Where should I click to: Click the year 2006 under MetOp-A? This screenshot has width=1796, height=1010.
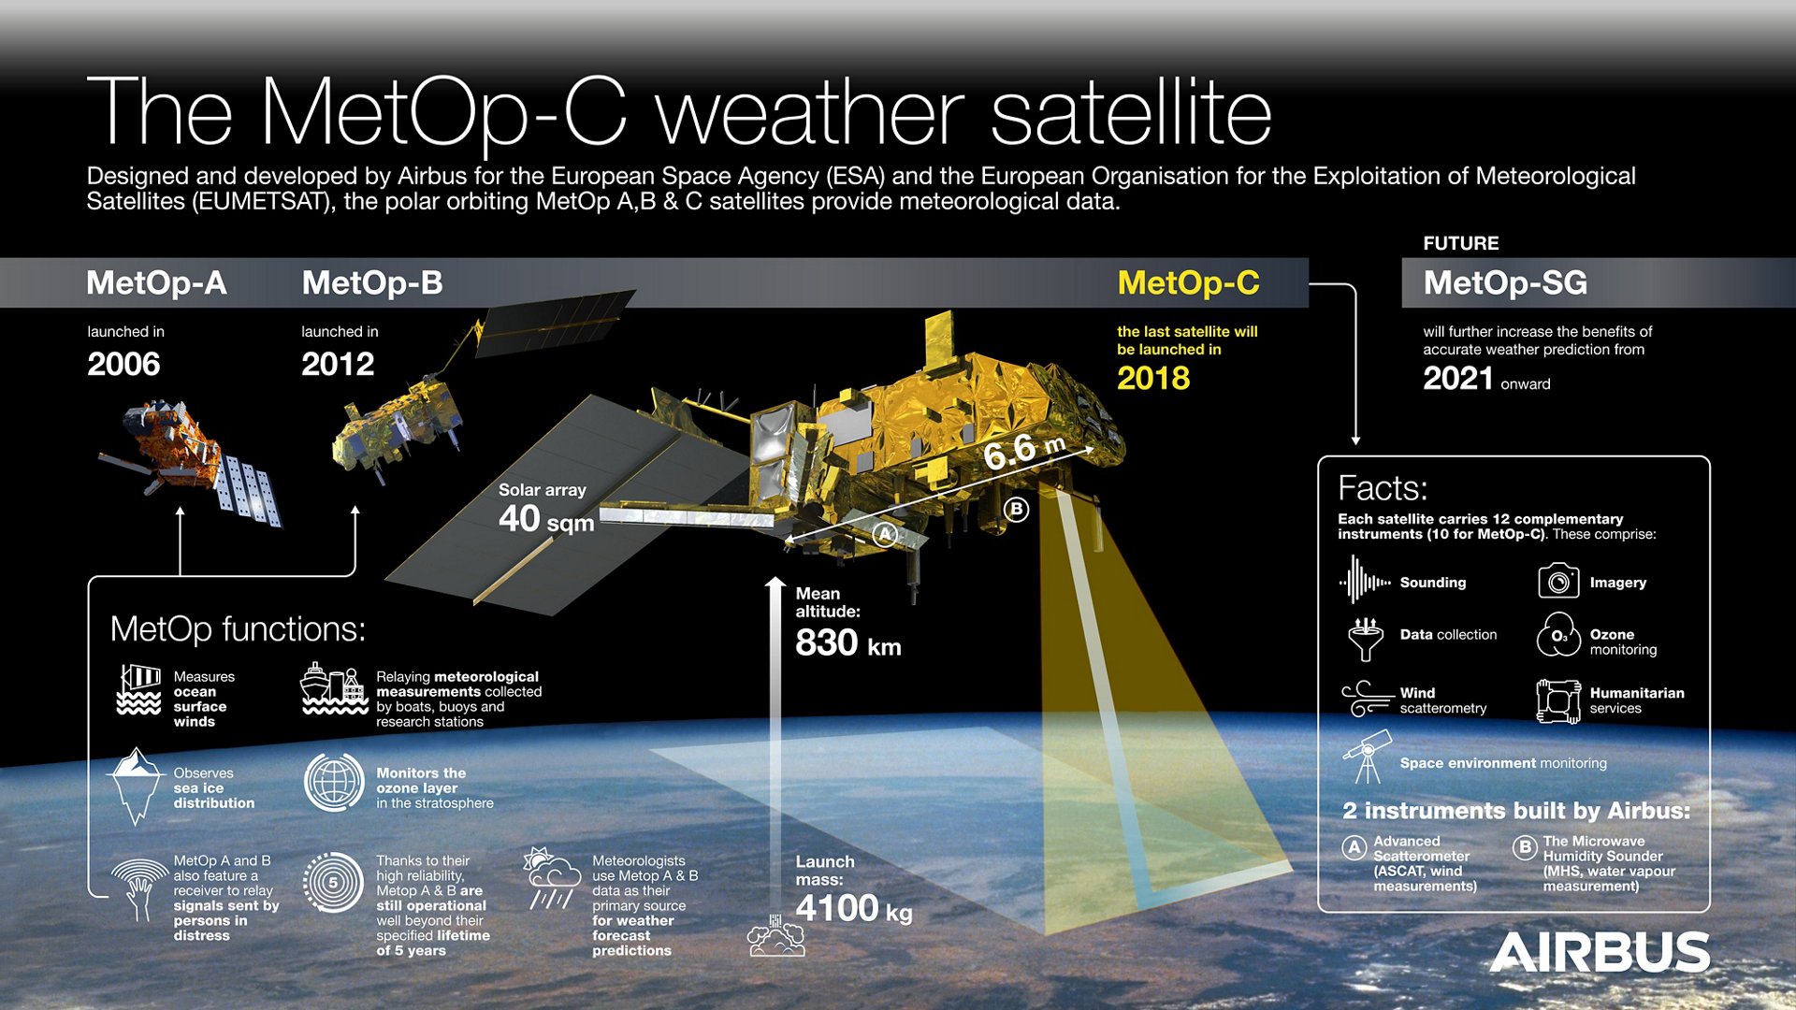(x=123, y=364)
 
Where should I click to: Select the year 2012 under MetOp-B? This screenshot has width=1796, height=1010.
(x=338, y=364)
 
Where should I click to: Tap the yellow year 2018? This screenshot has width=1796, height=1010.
(x=1153, y=378)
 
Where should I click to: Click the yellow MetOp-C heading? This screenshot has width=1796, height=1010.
(x=1188, y=282)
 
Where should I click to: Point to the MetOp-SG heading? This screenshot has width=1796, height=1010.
(x=1504, y=282)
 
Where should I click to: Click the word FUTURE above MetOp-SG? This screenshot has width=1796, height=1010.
(x=1460, y=243)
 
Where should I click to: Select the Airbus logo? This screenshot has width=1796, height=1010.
(x=1600, y=953)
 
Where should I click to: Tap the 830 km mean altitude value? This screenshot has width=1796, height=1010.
(x=847, y=643)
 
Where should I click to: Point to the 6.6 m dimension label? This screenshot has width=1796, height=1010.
(x=1023, y=452)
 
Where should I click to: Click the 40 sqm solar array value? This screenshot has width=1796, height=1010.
(x=546, y=519)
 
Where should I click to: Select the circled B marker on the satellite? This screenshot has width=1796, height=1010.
(x=1016, y=510)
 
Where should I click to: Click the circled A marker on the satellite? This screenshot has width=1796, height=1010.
(x=884, y=535)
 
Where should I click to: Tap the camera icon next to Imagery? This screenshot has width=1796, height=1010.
(x=1558, y=582)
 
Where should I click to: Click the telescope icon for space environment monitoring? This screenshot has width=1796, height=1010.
(x=1367, y=758)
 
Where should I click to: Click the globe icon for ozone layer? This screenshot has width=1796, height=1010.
(x=334, y=782)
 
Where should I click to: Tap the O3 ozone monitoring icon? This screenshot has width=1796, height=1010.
(x=1558, y=635)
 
